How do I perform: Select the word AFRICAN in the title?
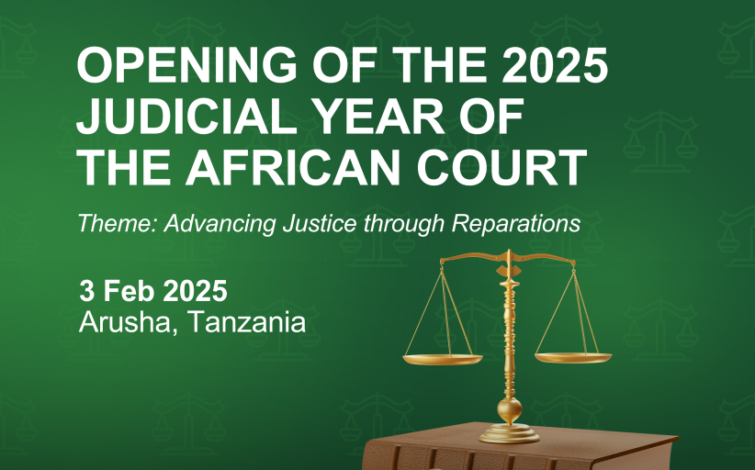pyautogui.click(x=293, y=167)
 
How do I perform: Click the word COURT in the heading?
pyautogui.click(x=501, y=167)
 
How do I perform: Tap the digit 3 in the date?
pyautogui.click(x=87, y=291)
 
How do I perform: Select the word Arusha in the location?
pyautogui.click(x=124, y=322)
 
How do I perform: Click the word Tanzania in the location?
pyautogui.click(x=246, y=322)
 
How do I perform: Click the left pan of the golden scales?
pyautogui.click(x=443, y=359)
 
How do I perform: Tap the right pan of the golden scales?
pyautogui.click(x=573, y=357)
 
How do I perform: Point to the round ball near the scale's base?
pyautogui.click(x=510, y=409)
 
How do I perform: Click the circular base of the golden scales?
pyautogui.click(x=510, y=434)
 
